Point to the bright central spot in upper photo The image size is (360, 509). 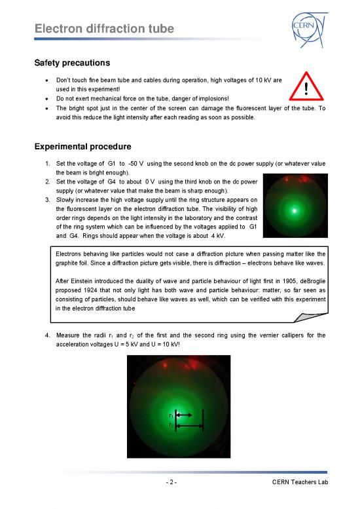pos(296,210)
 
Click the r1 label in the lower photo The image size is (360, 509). pos(171,415)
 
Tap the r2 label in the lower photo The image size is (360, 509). pos(171,426)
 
